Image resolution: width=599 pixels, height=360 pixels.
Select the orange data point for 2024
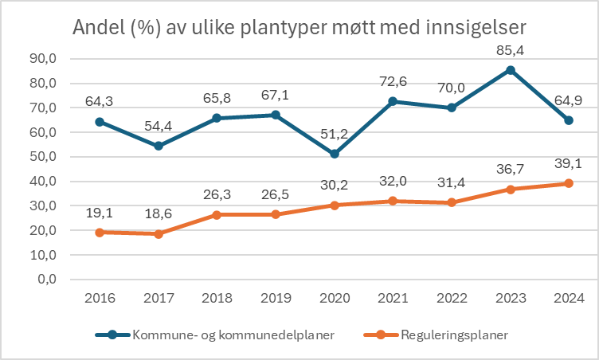pos(569,184)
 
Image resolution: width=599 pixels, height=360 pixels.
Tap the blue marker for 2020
pos(334,154)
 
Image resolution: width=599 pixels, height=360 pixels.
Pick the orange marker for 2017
pos(159,234)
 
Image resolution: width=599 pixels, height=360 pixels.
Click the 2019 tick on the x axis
pos(276,298)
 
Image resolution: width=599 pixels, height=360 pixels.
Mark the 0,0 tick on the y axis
pos(44,280)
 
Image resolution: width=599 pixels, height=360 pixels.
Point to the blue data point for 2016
pos(100,122)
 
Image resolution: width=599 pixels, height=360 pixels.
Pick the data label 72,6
pos(393,83)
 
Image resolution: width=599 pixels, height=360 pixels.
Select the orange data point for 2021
pos(393,201)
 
